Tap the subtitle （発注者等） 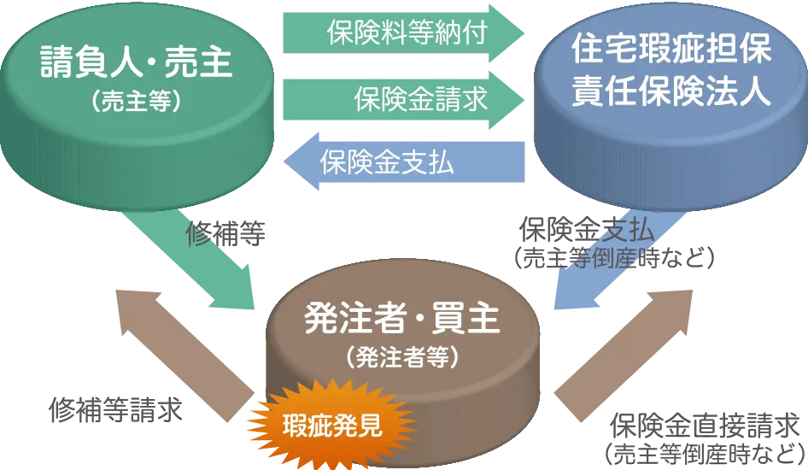pos(401,356)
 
